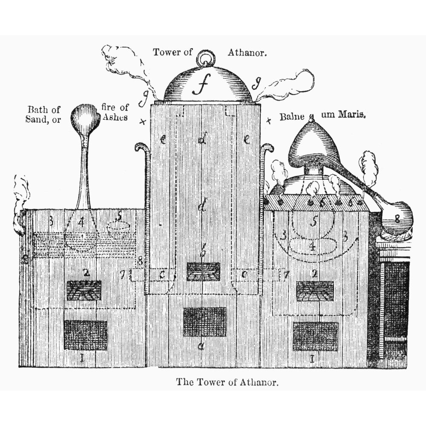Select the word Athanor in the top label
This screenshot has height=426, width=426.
tap(247, 53)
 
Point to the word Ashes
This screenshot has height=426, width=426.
tap(115, 117)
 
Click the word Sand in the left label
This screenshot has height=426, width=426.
tap(37, 120)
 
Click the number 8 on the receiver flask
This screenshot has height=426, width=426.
tap(397, 220)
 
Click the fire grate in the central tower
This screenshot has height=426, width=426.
tap(203, 272)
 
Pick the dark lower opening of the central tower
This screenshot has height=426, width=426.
tap(204, 322)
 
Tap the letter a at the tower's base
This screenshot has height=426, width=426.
tap(201, 346)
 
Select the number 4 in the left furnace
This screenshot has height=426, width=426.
tap(82, 222)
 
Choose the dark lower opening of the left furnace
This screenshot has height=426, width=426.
tap(85, 335)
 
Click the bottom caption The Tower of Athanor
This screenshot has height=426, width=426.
tap(227, 382)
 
